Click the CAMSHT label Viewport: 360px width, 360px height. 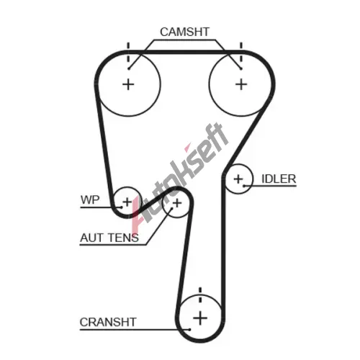click(184, 32)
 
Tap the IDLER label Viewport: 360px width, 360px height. click(279, 179)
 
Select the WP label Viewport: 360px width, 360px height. click(90, 199)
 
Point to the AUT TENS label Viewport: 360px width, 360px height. click(109, 238)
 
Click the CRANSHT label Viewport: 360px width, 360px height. click(108, 322)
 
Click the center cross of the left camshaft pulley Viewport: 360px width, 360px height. click(128, 84)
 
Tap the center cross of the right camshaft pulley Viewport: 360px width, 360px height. click(241, 84)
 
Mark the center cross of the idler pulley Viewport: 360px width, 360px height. click(238, 179)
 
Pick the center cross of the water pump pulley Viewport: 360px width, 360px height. click(127, 202)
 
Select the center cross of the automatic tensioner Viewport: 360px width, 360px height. click(177, 203)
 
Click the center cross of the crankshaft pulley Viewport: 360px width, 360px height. click(200, 318)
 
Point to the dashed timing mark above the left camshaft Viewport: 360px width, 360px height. click(128, 53)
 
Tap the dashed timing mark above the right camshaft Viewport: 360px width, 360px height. click(241, 53)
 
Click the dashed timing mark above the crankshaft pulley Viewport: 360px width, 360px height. click(200, 295)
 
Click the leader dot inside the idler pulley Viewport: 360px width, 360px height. click(244, 186)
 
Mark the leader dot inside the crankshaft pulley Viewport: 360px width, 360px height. click(189, 329)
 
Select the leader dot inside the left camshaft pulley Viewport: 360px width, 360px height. click(129, 69)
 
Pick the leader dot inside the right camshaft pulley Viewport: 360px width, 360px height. click(241, 69)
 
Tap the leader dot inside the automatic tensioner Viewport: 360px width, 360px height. click(171, 209)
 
